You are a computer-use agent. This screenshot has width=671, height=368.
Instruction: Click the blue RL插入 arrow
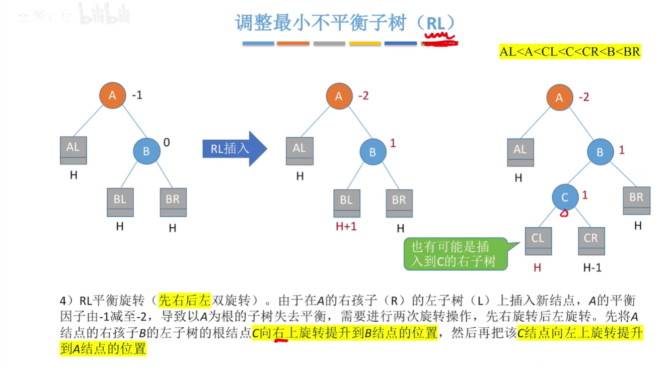click(233, 149)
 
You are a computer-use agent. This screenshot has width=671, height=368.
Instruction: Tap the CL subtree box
click(538, 241)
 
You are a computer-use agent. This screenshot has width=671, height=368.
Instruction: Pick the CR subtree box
click(591, 241)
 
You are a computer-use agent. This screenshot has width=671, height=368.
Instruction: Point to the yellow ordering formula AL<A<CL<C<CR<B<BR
click(570, 51)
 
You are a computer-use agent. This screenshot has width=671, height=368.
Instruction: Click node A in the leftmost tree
click(112, 96)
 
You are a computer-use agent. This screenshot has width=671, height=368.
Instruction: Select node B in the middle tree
click(372, 152)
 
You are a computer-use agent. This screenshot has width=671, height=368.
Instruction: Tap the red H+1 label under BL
click(346, 226)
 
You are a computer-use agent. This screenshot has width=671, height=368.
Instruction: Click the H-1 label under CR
click(592, 268)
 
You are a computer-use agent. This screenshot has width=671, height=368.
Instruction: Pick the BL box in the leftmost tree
click(120, 202)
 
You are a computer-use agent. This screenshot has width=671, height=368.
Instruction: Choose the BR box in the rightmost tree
click(636, 200)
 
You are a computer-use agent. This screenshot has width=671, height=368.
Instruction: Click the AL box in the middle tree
click(300, 150)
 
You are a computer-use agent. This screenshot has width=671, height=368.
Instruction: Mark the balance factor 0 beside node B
click(167, 142)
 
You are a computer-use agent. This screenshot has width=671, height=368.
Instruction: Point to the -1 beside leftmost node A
click(136, 94)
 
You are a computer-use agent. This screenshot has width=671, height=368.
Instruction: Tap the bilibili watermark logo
click(105, 15)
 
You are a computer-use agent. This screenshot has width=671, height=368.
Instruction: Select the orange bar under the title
click(293, 44)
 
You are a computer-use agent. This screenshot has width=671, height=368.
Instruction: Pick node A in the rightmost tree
click(559, 98)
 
